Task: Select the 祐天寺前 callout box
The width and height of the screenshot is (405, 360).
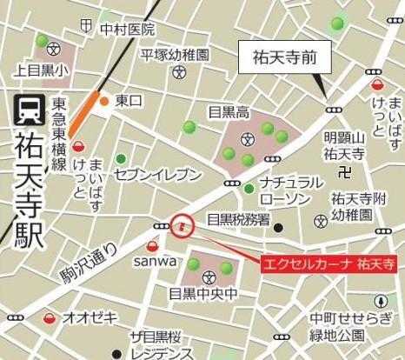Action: click(x=281, y=59)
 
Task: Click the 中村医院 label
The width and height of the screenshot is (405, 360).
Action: click(x=127, y=30)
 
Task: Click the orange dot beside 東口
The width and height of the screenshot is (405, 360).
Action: click(x=104, y=101)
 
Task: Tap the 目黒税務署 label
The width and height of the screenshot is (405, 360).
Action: click(x=237, y=220)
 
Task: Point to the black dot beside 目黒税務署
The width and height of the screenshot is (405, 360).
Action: click(x=278, y=228)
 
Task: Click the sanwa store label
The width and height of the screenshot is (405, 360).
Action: click(x=154, y=260)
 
